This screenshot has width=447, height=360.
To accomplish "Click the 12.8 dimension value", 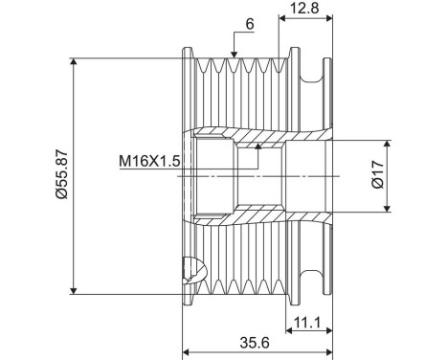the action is click(304, 8).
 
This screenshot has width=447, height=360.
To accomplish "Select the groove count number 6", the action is click(250, 24).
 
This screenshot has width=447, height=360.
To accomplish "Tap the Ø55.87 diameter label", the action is click(61, 174).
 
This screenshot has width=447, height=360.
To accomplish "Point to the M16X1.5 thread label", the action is click(149, 161).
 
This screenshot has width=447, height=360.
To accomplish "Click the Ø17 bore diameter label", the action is click(378, 174).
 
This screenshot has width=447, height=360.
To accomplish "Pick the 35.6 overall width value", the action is click(255, 343).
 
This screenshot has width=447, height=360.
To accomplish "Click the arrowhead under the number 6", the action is click(234, 55).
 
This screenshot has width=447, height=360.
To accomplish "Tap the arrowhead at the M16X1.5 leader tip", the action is click(257, 146).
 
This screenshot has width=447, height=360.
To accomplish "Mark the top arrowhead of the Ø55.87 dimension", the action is click(74, 61).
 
